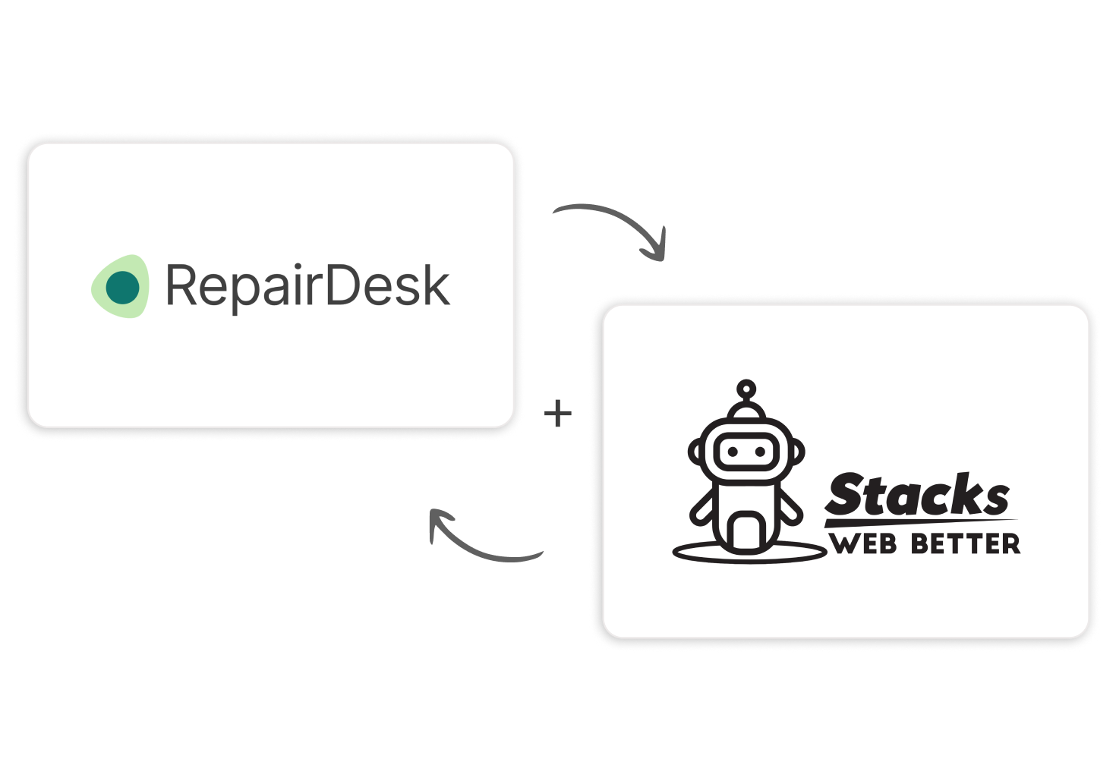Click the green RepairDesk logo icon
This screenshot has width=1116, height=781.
click(x=120, y=286)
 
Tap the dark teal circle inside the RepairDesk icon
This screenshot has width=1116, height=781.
click(x=122, y=288)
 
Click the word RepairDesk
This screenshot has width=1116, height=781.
click(x=307, y=286)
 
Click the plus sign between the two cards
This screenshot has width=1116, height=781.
click(x=558, y=414)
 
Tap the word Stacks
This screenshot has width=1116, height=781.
click(x=917, y=496)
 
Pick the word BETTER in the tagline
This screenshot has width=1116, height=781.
click(x=965, y=544)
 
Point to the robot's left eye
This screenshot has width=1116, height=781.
click(x=732, y=452)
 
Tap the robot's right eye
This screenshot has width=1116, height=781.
click(x=760, y=452)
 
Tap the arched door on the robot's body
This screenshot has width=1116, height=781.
click(x=746, y=531)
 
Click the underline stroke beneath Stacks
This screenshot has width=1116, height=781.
click(x=920, y=522)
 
